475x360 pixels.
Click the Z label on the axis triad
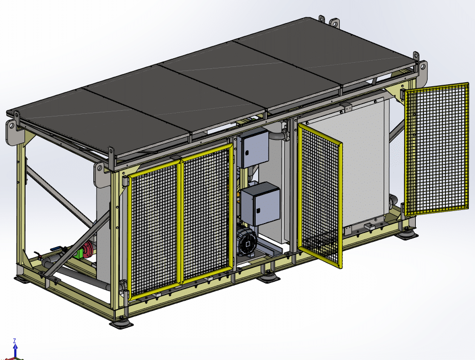click(x=14, y=341)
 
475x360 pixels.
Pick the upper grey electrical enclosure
click(x=253, y=148)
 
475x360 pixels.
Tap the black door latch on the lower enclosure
click(x=258, y=210)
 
